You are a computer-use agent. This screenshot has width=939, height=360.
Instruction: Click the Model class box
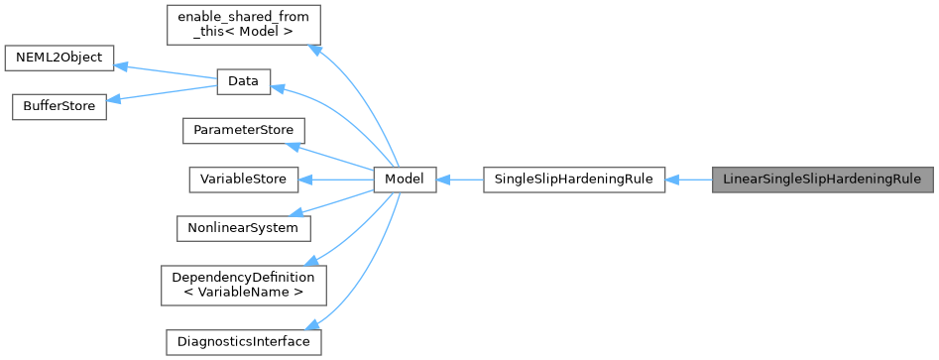click(405, 180)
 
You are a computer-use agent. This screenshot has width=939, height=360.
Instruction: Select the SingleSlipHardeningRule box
click(573, 180)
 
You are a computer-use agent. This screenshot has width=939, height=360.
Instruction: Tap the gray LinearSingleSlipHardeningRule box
click(822, 180)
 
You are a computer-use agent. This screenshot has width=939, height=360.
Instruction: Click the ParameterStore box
click(242, 131)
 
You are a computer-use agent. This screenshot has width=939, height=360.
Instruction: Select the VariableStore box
click(243, 180)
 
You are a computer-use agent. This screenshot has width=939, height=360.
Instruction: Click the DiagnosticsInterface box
click(243, 341)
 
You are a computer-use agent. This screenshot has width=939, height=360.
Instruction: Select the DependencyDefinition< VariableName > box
click(242, 285)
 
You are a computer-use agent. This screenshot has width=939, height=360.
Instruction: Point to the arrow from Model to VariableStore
click(337, 180)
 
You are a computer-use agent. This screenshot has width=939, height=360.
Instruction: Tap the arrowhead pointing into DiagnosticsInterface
click(313, 324)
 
